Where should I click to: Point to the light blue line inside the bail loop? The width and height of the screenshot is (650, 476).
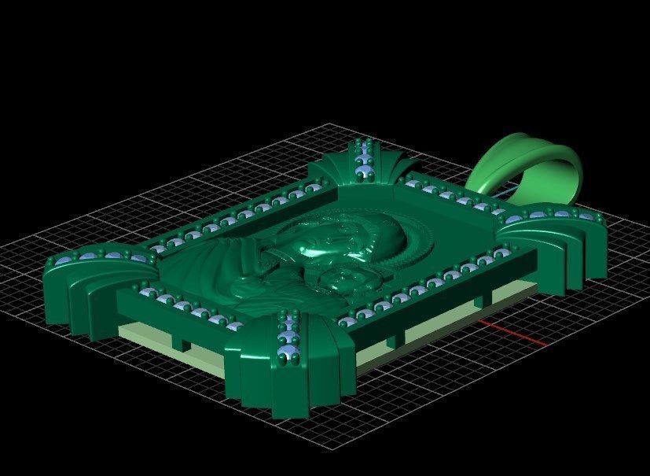point(504,192)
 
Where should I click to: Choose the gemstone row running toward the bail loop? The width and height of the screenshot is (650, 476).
point(448,194)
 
